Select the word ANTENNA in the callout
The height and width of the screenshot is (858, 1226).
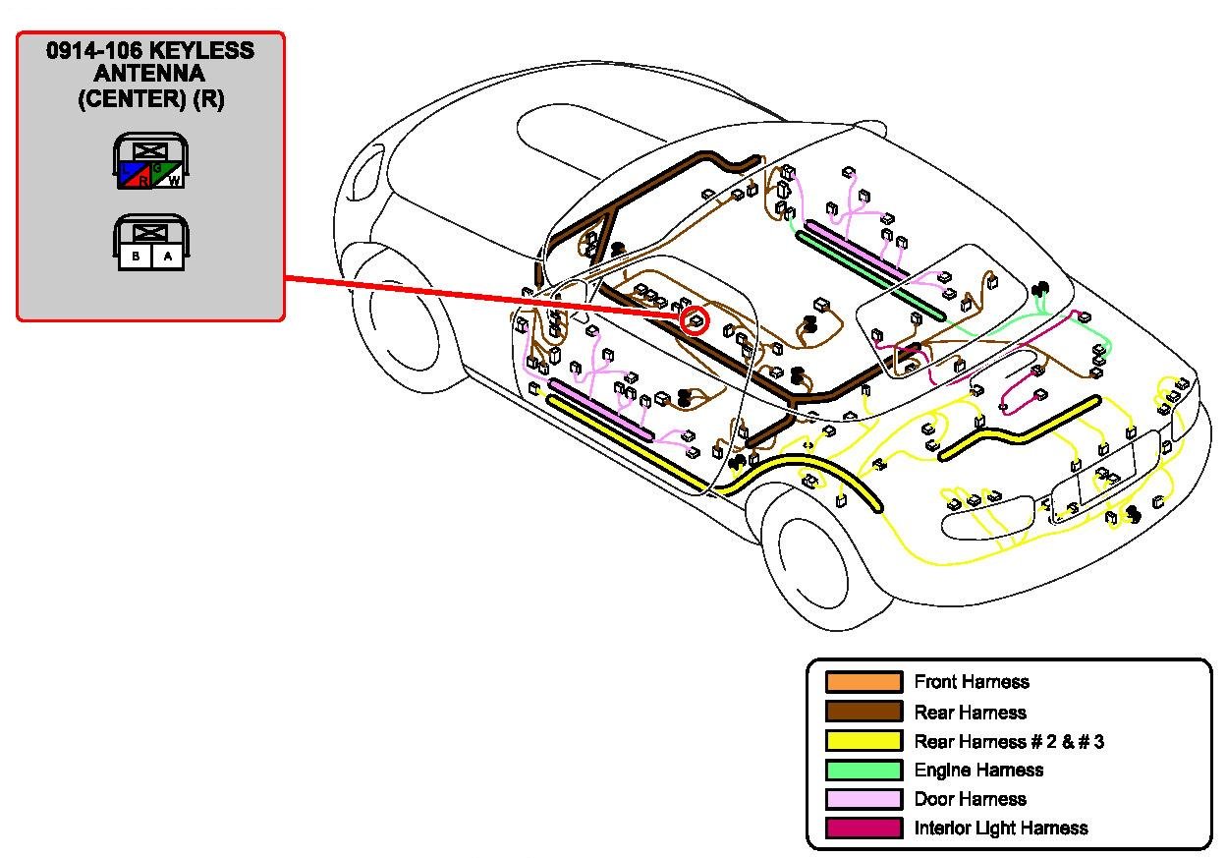pos(150,75)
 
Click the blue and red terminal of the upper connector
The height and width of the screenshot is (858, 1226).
pos(135,177)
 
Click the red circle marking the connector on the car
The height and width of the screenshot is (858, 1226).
pos(695,320)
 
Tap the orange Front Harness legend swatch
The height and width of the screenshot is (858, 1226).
pos(864,682)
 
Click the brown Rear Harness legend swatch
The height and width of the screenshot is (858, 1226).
pos(864,712)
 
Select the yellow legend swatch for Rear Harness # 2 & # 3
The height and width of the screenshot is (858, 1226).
pos(864,741)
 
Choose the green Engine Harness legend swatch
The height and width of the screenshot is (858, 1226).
pos(864,770)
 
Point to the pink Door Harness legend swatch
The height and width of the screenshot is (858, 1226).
pos(864,799)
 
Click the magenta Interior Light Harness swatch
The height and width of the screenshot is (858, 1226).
pos(864,828)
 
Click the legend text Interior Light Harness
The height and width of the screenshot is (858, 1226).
pos(1000,828)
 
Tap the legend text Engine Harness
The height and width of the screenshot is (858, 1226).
pos(978,770)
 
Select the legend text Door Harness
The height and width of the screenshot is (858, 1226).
pos(970,799)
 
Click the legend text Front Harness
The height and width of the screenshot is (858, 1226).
pos(972,682)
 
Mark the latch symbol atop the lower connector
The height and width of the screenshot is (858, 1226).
pos(150,232)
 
